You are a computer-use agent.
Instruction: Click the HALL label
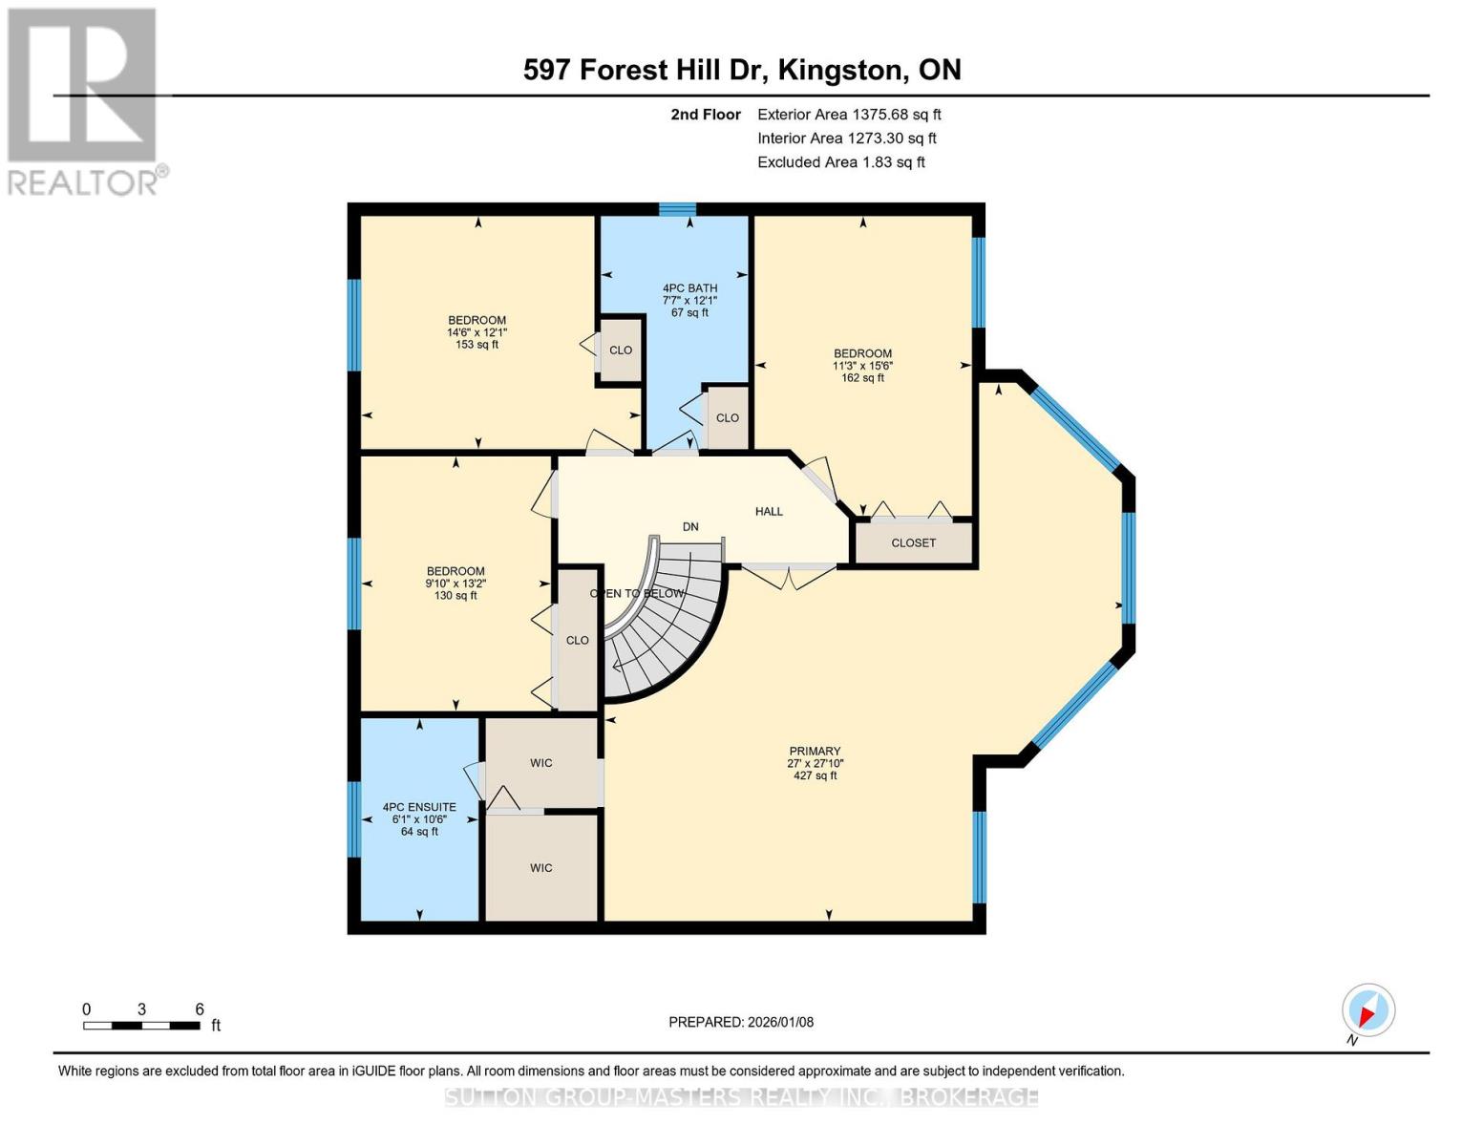tap(769, 512)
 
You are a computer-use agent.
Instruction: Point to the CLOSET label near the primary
tap(913, 542)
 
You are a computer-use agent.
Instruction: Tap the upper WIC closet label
tap(541, 763)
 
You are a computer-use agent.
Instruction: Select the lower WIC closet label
tap(541, 868)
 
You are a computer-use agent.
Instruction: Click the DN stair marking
tap(690, 527)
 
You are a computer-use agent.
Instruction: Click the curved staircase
tap(668, 621)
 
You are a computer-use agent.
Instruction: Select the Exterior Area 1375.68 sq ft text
tap(849, 115)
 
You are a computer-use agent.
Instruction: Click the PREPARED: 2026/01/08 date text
tap(741, 1022)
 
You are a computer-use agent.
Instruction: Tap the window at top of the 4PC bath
tap(677, 209)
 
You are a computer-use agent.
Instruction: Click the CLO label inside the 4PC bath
tap(727, 418)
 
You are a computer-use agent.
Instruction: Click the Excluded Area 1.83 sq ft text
tap(840, 162)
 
